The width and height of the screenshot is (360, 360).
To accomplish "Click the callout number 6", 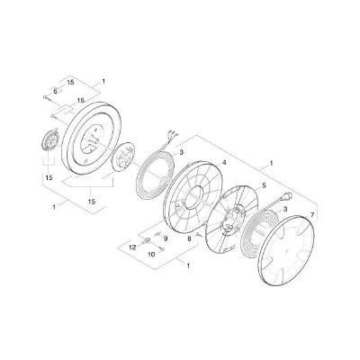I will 55,91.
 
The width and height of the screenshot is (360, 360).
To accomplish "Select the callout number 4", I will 223,163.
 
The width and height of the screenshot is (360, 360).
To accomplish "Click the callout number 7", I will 311,217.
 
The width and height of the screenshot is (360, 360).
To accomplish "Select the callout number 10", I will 150,255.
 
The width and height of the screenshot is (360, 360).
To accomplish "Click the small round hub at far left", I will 50,142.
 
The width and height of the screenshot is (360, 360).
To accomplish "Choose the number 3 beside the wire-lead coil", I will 181,153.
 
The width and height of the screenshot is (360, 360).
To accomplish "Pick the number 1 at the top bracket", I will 103,82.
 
